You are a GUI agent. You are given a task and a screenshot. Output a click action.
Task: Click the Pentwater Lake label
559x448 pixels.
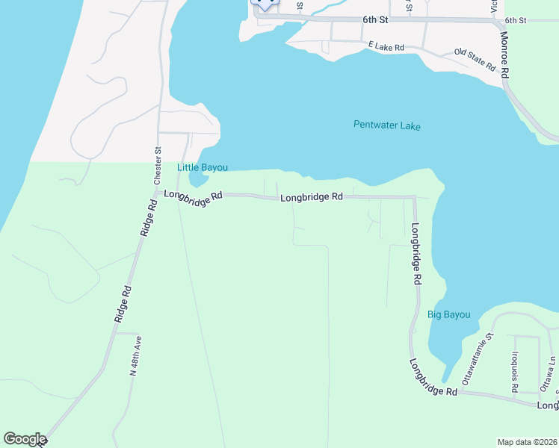click(386, 126)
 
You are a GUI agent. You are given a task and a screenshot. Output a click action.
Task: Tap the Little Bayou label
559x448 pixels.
click(202, 167)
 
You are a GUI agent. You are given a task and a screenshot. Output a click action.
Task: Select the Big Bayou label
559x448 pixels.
click(448, 314)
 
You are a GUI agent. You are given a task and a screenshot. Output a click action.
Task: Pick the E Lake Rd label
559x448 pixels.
click(386, 47)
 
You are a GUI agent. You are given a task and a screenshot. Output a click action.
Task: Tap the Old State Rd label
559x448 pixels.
click(475, 60)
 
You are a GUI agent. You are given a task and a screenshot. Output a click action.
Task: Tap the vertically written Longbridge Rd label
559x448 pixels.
click(416, 255)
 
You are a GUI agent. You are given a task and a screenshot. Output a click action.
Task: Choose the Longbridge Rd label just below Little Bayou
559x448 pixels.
click(194, 196)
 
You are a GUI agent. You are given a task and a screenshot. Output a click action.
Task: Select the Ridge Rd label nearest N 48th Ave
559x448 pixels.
click(123, 304)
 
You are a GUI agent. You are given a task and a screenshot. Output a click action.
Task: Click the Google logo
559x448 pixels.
click(25, 439)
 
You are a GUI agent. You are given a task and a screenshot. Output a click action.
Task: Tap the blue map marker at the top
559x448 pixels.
click(264, 4)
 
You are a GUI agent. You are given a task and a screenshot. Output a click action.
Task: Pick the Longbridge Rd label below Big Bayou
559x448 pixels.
click(433, 378)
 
